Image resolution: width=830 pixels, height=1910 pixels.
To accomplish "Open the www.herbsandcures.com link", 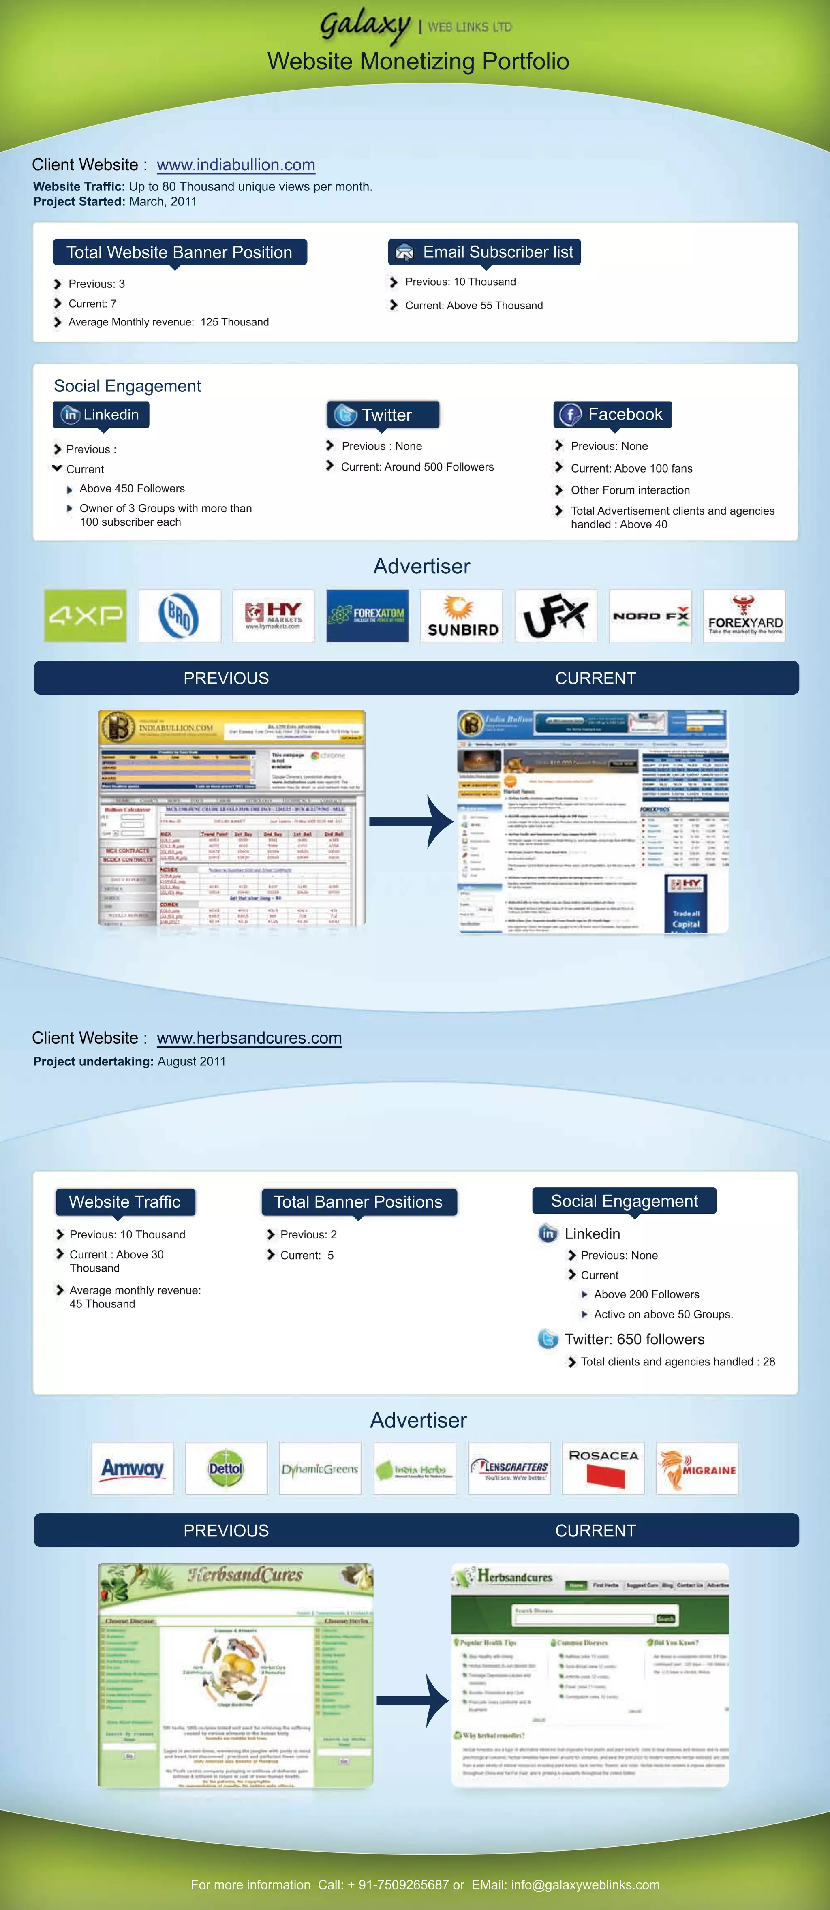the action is point(249,1038).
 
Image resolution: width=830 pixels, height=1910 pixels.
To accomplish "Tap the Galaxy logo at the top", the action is point(365,26).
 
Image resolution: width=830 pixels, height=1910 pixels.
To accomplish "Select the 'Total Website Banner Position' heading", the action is point(180,252).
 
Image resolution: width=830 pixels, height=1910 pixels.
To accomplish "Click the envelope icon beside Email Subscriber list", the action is point(404,252).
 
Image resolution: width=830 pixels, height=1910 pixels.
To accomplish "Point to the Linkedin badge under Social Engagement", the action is point(101,415).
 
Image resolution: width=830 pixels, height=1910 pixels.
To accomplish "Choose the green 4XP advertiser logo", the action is point(85,616).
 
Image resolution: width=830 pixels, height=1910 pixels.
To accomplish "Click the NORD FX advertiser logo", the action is point(650,616).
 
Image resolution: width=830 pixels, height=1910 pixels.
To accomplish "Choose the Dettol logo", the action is point(226,1468).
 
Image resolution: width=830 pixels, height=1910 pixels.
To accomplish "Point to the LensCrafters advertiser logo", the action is point(509,1468).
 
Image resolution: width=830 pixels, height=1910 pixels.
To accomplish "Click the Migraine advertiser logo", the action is point(697,1468).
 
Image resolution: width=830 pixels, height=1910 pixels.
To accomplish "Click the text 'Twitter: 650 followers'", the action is point(634,1339).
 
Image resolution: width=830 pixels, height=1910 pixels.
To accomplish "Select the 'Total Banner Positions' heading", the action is point(358,1202).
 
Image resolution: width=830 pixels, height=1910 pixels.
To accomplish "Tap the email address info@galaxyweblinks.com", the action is point(585,1884).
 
